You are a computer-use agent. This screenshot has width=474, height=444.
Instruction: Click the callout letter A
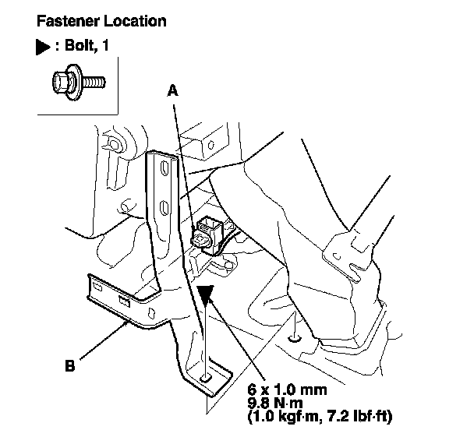pyautogui.click(x=174, y=91)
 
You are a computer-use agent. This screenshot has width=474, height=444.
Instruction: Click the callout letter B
pyautogui.click(x=70, y=363)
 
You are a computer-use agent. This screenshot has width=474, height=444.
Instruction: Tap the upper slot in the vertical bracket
pyautogui.click(x=164, y=167)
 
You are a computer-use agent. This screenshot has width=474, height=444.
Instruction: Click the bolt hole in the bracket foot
pyautogui.click(x=205, y=379)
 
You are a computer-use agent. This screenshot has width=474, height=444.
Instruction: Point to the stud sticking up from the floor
pyautogui.click(x=294, y=337)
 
